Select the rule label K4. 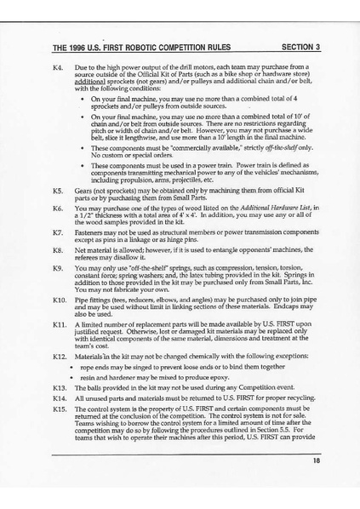[x=57, y=65]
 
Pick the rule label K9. [x=57, y=269]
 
